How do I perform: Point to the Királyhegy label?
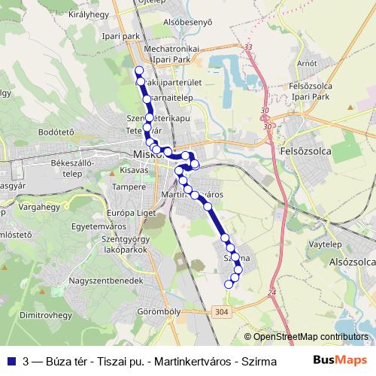pyautogui.click(x=89, y=14)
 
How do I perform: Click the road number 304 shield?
pyautogui.click(x=221, y=312)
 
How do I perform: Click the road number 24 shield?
pyautogui.click(x=271, y=292)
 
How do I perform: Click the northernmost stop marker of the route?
pyautogui.click(x=138, y=71)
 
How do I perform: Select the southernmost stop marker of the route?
pyautogui.click(x=229, y=284)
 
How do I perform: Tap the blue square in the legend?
pyautogui.click(x=11, y=361)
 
